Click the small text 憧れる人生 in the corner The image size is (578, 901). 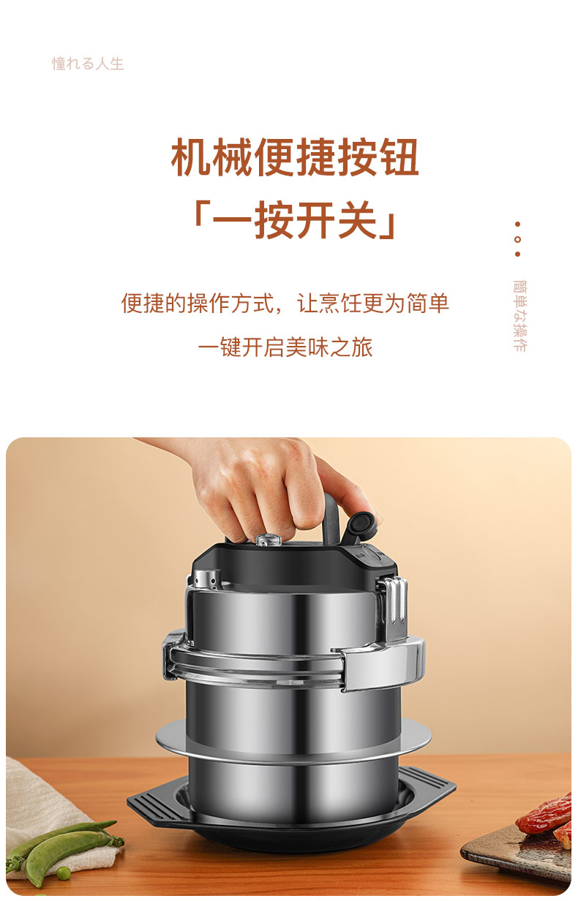88,64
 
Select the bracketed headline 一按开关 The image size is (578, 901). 296,220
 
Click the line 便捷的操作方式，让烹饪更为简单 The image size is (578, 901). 285,303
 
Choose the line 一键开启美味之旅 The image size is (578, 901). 285,347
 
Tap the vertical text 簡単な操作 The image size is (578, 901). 519,316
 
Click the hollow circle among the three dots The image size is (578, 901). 517,239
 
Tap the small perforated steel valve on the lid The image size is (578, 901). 209,578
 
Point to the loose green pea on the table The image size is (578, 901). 64,872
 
